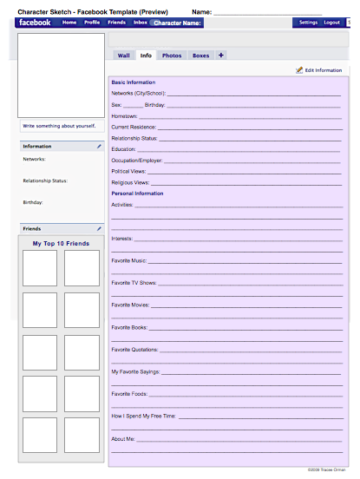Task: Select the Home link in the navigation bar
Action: click(69, 23)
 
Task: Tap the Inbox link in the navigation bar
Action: click(141, 23)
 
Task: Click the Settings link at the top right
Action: click(308, 23)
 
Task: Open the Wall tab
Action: click(123, 56)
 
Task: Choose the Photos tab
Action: click(172, 56)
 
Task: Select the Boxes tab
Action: click(200, 56)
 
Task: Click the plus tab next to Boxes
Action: click(221, 56)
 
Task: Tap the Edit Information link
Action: click(318, 69)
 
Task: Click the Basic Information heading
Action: click(134, 82)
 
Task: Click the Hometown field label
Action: click(125, 115)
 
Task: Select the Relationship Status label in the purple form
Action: click(134, 138)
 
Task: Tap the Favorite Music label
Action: click(129, 259)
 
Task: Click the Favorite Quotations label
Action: click(134, 350)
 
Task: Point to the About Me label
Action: click(123, 438)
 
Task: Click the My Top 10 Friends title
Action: click(61, 244)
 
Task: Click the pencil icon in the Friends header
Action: click(99, 228)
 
